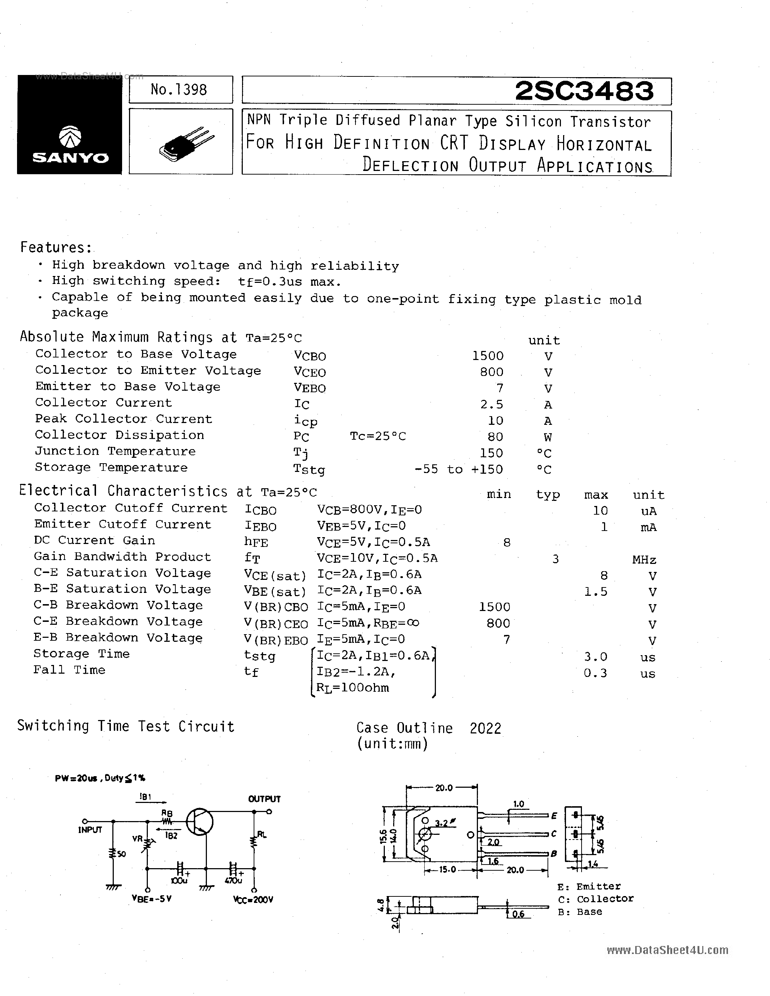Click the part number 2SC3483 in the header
(x=584, y=91)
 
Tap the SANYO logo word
(x=70, y=158)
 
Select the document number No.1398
(x=179, y=89)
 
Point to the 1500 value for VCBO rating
(x=488, y=356)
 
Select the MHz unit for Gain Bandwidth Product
(x=644, y=560)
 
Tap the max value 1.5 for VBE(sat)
(x=596, y=592)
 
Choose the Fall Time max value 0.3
(x=595, y=673)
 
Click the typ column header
(x=548, y=495)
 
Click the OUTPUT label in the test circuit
(x=264, y=799)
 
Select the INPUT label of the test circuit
(x=90, y=829)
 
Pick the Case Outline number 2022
(x=485, y=728)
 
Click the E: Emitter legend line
(x=589, y=887)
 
